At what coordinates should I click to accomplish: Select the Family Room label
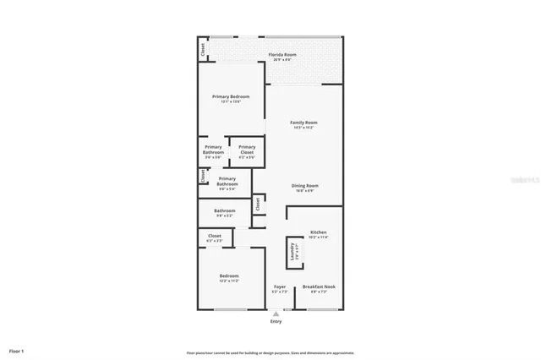[303, 123]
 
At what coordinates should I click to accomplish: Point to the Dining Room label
[304, 186]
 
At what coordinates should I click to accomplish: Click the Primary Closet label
[247, 147]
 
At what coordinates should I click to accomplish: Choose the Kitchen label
[318, 232]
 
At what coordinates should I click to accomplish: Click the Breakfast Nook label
[319, 286]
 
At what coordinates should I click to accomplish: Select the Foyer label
[280, 286]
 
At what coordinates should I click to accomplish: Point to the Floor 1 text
[17, 350]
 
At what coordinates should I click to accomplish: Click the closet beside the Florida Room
[203, 50]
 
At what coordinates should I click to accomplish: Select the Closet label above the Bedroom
[214, 236]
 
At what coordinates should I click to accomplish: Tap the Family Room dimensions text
[303, 128]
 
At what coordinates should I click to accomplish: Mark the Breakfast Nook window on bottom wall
[319, 309]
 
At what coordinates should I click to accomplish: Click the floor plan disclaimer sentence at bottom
[270, 352]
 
